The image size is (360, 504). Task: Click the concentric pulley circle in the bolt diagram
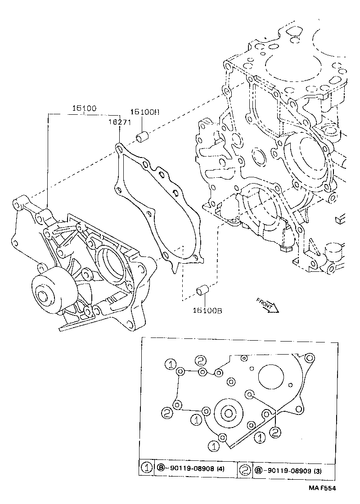229,414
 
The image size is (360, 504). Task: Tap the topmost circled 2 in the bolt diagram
200,360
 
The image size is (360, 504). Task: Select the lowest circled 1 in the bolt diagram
213,446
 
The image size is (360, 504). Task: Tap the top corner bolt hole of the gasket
119,147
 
